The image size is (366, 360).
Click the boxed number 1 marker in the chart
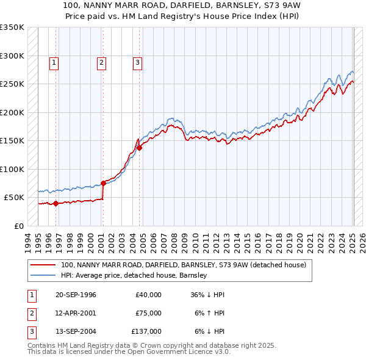coord(54,62)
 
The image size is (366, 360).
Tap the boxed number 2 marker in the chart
coord(101,62)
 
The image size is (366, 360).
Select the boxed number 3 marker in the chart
coord(137,62)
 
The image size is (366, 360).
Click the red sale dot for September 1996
coord(56,203)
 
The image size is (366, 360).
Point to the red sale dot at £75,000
coord(103,183)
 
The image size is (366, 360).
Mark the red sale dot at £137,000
coord(139,148)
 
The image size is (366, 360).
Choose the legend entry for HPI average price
coord(134,275)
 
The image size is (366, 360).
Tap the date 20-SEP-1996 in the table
coord(76,295)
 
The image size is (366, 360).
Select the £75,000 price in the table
coord(148,312)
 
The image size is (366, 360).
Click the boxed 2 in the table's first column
coord(30,312)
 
